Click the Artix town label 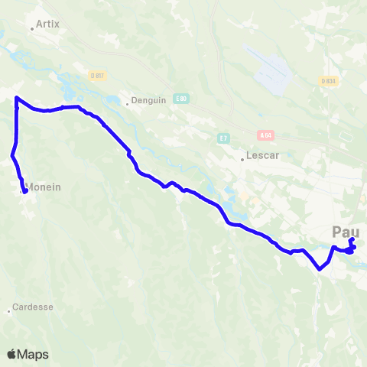[48, 24]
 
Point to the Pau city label [346, 232]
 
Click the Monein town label [44, 186]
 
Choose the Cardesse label [32, 307]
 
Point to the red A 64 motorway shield [265, 135]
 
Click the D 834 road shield [328, 80]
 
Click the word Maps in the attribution [34, 355]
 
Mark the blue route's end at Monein [25, 192]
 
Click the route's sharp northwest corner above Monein [16, 98]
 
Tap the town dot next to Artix [31, 29]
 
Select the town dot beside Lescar [242, 160]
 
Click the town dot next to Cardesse [9, 311]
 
